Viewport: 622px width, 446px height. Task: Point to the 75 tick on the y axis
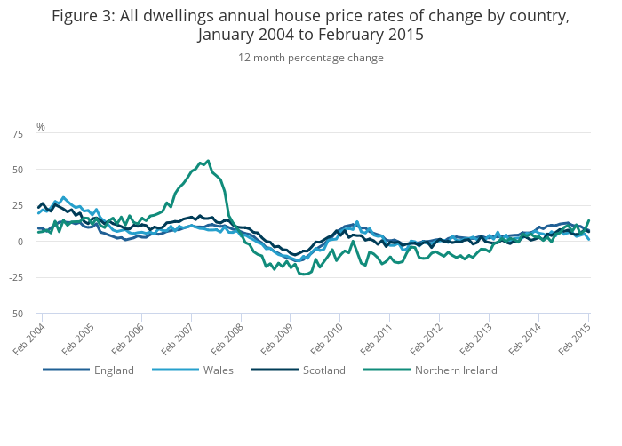(18, 133)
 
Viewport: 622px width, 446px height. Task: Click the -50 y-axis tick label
(16, 314)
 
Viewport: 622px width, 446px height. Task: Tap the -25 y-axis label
(16, 277)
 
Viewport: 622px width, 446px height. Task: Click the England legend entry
(114, 370)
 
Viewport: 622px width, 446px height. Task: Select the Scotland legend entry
(323, 370)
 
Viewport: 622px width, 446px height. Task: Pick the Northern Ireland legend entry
(456, 370)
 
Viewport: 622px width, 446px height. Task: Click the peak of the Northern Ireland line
(208, 161)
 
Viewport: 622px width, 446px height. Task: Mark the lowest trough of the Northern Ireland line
(304, 275)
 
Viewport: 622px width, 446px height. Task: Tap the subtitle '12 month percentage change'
(311, 58)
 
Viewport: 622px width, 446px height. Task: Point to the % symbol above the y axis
(41, 127)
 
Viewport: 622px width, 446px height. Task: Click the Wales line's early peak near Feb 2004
(63, 197)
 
